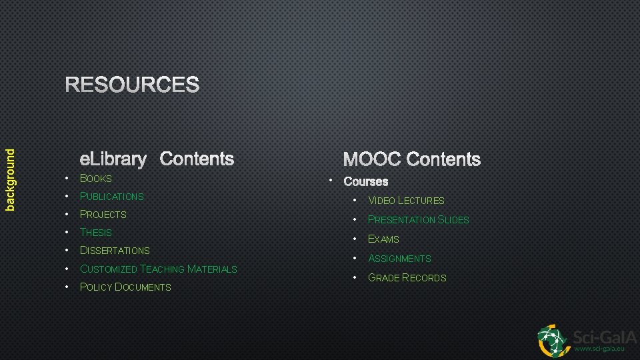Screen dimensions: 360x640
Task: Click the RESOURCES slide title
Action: (x=132, y=85)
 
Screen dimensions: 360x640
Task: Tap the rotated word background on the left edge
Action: (x=10, y=179)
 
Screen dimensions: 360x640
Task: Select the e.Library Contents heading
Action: (x=157, y=159)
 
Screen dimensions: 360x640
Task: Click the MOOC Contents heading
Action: (x=411, y=159)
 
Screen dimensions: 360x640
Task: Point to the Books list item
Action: (x=96, y=178)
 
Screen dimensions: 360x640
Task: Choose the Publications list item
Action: (x=111, y=196)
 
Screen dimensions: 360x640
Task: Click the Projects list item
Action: (x=103, y=214)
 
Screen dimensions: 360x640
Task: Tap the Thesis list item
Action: (x=96, y=232)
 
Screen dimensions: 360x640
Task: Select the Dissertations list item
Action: (x=115, y=250)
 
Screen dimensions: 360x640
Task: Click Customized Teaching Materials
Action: (x=158, y=269)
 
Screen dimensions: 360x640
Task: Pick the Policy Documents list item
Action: (x=125, y=287)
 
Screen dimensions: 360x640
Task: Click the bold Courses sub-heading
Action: (x=365, y=181)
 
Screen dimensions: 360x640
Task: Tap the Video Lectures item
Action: (x=406, y=200)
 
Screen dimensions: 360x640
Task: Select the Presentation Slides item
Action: (x=419, y=219)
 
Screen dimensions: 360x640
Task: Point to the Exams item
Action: (x=383, y=239)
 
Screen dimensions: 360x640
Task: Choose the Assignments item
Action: (x=399, y=258)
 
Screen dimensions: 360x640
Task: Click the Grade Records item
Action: (x=407, y=277)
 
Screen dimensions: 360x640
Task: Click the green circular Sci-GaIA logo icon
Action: (x=553, y=340)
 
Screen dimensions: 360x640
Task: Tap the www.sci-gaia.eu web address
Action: (x=599, y=348)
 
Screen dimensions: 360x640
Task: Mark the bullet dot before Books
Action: (x=67, y=178)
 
